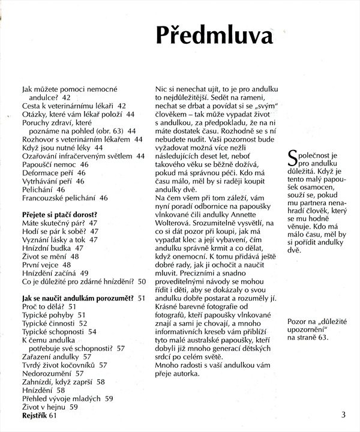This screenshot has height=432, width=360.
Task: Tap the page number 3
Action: pyautogui.click(x=344, y=414)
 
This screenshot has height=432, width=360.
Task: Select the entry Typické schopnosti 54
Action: pyautogui.click(x=58, y=331)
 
